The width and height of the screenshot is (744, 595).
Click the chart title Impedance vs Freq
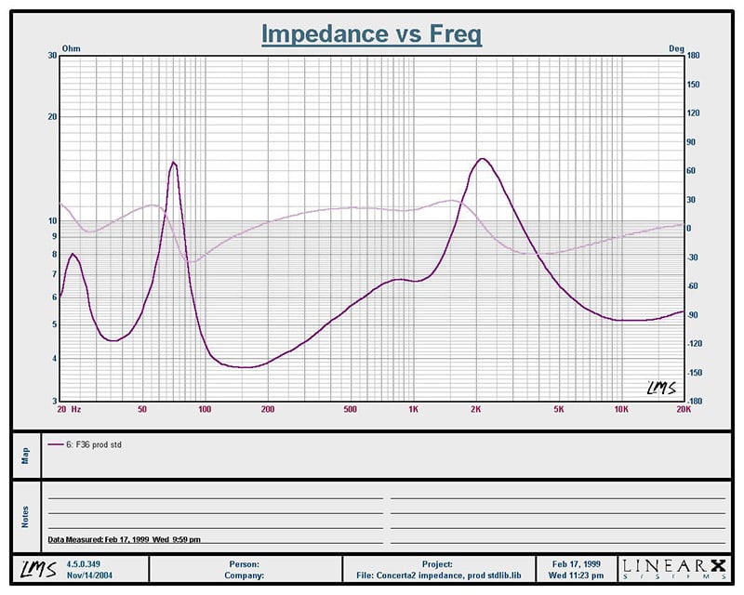click(371, 33)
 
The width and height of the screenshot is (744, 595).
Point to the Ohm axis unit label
click(71, 46)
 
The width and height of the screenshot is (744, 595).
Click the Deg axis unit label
click(676, 46)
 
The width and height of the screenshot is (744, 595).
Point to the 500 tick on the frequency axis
click(350, 408)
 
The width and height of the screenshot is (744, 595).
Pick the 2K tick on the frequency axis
click(476, 408)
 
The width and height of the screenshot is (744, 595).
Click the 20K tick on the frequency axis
click(683, 408)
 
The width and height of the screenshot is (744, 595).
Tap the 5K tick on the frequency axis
click(559, 408)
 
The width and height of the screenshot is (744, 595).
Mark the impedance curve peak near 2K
click(481, 159)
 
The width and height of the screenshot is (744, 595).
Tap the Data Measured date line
click(124, 539)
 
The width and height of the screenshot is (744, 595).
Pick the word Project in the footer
click(436, 563)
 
